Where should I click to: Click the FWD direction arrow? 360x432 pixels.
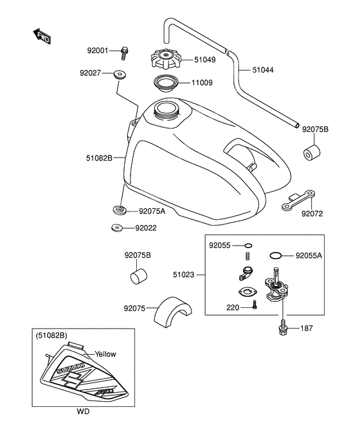click(42, 36)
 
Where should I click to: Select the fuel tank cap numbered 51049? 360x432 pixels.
click(166, 59)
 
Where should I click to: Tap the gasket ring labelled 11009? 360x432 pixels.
click(166, 83)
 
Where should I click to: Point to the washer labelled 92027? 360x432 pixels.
click(120, 74)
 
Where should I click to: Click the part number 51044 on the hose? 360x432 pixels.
click(263, 70)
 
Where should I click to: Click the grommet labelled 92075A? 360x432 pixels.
click(120, 210)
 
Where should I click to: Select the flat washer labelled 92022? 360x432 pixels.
click(118, 228)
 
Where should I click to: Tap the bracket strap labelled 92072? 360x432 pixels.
click(299, 199)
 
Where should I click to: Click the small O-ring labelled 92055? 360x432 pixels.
click(248, 245)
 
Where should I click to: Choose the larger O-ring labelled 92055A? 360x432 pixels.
click(276, 256)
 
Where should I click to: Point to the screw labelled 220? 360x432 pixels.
click(255, 305)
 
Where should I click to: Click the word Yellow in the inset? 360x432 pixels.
click(105, 354)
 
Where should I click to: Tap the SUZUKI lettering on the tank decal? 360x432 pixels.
click(71, 368)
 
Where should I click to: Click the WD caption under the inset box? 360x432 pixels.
click(83, 411)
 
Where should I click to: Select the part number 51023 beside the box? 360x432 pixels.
click(183, 274)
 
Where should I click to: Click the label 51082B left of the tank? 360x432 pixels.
click(99, 158)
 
